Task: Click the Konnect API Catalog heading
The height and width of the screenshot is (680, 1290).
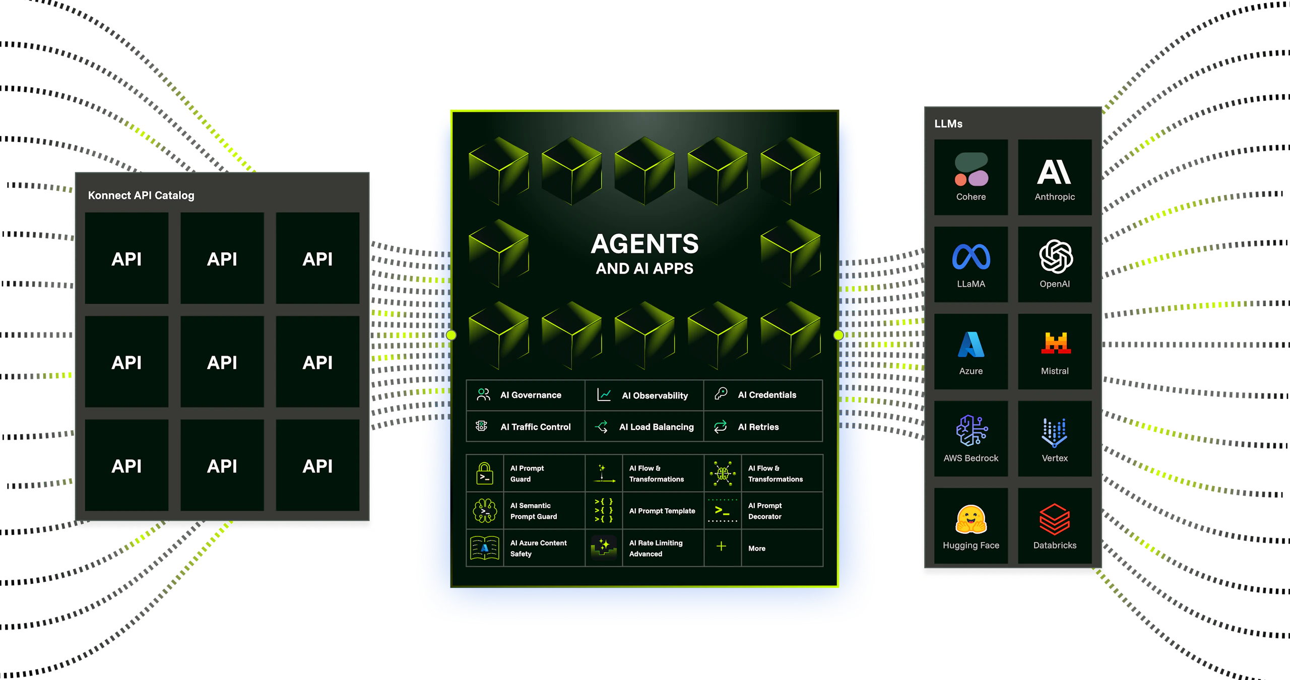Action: coord(141,195)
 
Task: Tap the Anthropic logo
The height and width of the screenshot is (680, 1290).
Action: coord(1054,172)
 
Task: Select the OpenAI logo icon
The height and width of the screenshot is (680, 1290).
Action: coord(1056,256)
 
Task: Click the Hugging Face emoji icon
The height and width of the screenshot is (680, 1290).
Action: coord(971,519)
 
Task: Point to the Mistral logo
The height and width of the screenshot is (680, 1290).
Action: coord(1056,344)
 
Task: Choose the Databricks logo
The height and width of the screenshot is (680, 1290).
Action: coord(1055,519)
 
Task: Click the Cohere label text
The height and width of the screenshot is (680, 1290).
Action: coord(971,197)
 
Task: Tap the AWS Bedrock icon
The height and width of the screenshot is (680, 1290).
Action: coord(972,431)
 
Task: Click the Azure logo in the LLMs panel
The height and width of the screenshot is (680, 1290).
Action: coord(971,345)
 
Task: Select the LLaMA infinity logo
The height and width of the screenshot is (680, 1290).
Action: coord(971,257)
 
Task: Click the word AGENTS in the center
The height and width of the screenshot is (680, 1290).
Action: coord(644,244)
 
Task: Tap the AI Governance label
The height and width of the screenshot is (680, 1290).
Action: coord(531,395)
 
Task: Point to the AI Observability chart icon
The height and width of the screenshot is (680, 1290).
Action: coord(604,395)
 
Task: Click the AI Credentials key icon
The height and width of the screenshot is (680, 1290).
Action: coord(721,394)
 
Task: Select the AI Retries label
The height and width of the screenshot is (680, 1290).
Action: coord(758,427)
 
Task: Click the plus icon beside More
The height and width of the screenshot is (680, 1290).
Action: coord(722,547)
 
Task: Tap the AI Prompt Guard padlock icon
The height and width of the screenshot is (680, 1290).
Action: coord(485,473)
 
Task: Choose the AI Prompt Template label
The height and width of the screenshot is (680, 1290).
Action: coord(662,511)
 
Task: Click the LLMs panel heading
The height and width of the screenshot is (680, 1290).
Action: coord(948,124)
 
